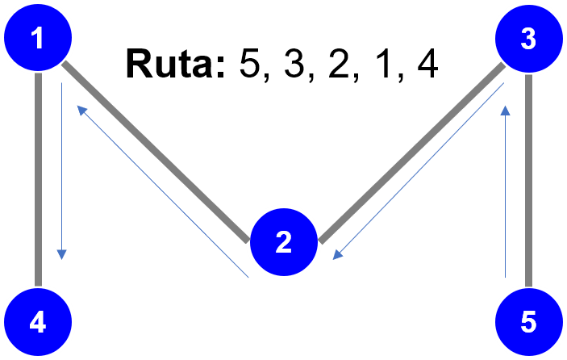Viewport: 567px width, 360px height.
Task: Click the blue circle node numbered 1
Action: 38,37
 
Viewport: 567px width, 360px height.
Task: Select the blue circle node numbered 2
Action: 283,242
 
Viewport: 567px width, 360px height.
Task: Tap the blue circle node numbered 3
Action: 528,37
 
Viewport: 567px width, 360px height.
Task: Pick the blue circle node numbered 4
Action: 38,323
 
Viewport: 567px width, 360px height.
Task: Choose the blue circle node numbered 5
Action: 528,323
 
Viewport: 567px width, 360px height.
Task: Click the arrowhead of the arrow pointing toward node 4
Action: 61,254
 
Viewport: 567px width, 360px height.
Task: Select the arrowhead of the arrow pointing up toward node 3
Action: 505,109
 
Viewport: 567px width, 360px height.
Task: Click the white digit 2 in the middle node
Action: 283,242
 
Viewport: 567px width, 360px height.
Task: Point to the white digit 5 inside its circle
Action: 528,323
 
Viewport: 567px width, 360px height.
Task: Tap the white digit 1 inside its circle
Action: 38,37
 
